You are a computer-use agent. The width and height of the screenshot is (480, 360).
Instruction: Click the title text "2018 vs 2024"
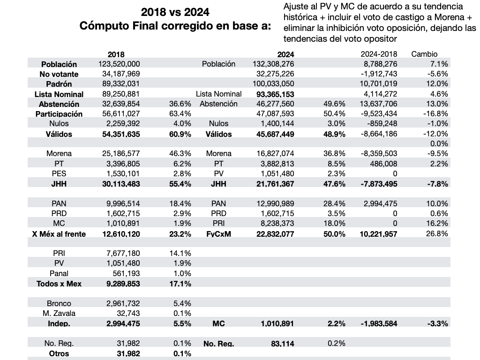click(175, 12)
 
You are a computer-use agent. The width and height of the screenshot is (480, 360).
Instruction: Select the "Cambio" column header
click(424, 54)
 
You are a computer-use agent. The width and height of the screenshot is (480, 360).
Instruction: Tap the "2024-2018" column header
click(379, 54)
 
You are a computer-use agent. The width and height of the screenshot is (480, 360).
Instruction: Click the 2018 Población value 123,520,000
click(119, 64)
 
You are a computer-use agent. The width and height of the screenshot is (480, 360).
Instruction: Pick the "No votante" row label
click(59, 74)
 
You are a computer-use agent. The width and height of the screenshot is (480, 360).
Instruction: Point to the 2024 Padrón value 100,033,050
click(273, 83)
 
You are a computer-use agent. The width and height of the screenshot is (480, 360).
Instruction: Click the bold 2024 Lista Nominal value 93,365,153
click(275, 94)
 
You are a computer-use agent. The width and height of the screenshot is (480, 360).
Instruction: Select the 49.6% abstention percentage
click(334, 104)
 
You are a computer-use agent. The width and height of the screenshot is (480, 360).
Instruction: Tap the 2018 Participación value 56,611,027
click(121, 113)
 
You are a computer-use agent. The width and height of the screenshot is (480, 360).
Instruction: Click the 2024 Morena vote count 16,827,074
click(275, 153)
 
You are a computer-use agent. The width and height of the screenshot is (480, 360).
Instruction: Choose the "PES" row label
click(59, 173)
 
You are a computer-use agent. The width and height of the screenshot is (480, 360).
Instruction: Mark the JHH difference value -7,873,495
click(378, 184)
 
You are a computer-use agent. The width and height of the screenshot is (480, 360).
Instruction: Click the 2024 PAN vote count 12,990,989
click(275, 203)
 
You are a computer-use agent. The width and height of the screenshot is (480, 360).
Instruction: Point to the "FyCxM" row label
click(218, 234)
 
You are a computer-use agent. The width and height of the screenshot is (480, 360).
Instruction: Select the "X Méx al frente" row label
click(59, 234)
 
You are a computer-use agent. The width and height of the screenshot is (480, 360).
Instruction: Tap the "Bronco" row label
click(59, 303)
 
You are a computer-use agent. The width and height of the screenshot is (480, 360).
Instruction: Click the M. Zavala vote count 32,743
click(128, 313)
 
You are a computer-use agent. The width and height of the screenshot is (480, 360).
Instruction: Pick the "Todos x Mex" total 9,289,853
click(123, 284)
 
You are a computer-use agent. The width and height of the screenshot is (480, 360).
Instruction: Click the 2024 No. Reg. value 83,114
click(283, 344)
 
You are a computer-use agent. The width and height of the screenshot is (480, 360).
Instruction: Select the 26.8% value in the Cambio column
click(437, 233)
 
